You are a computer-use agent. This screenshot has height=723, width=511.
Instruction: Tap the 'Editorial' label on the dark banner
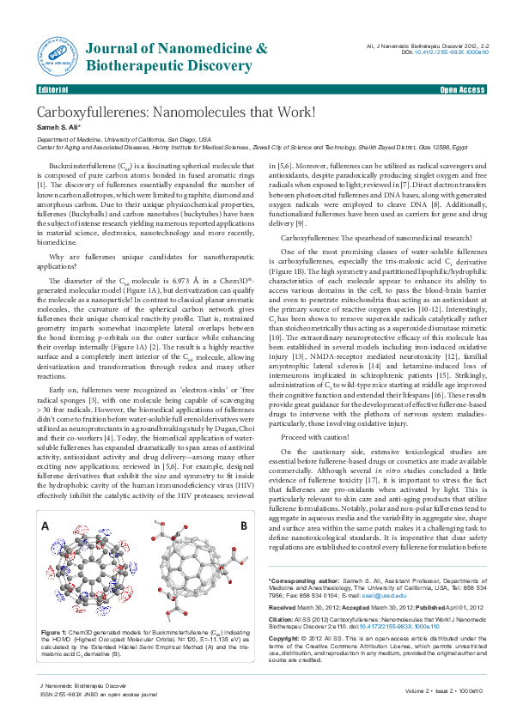(x=52, y=89)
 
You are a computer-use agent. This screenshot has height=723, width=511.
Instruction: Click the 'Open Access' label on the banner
(x=462, y=89)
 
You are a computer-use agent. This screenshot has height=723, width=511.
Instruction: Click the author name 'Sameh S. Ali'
(x=58, y=127)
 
